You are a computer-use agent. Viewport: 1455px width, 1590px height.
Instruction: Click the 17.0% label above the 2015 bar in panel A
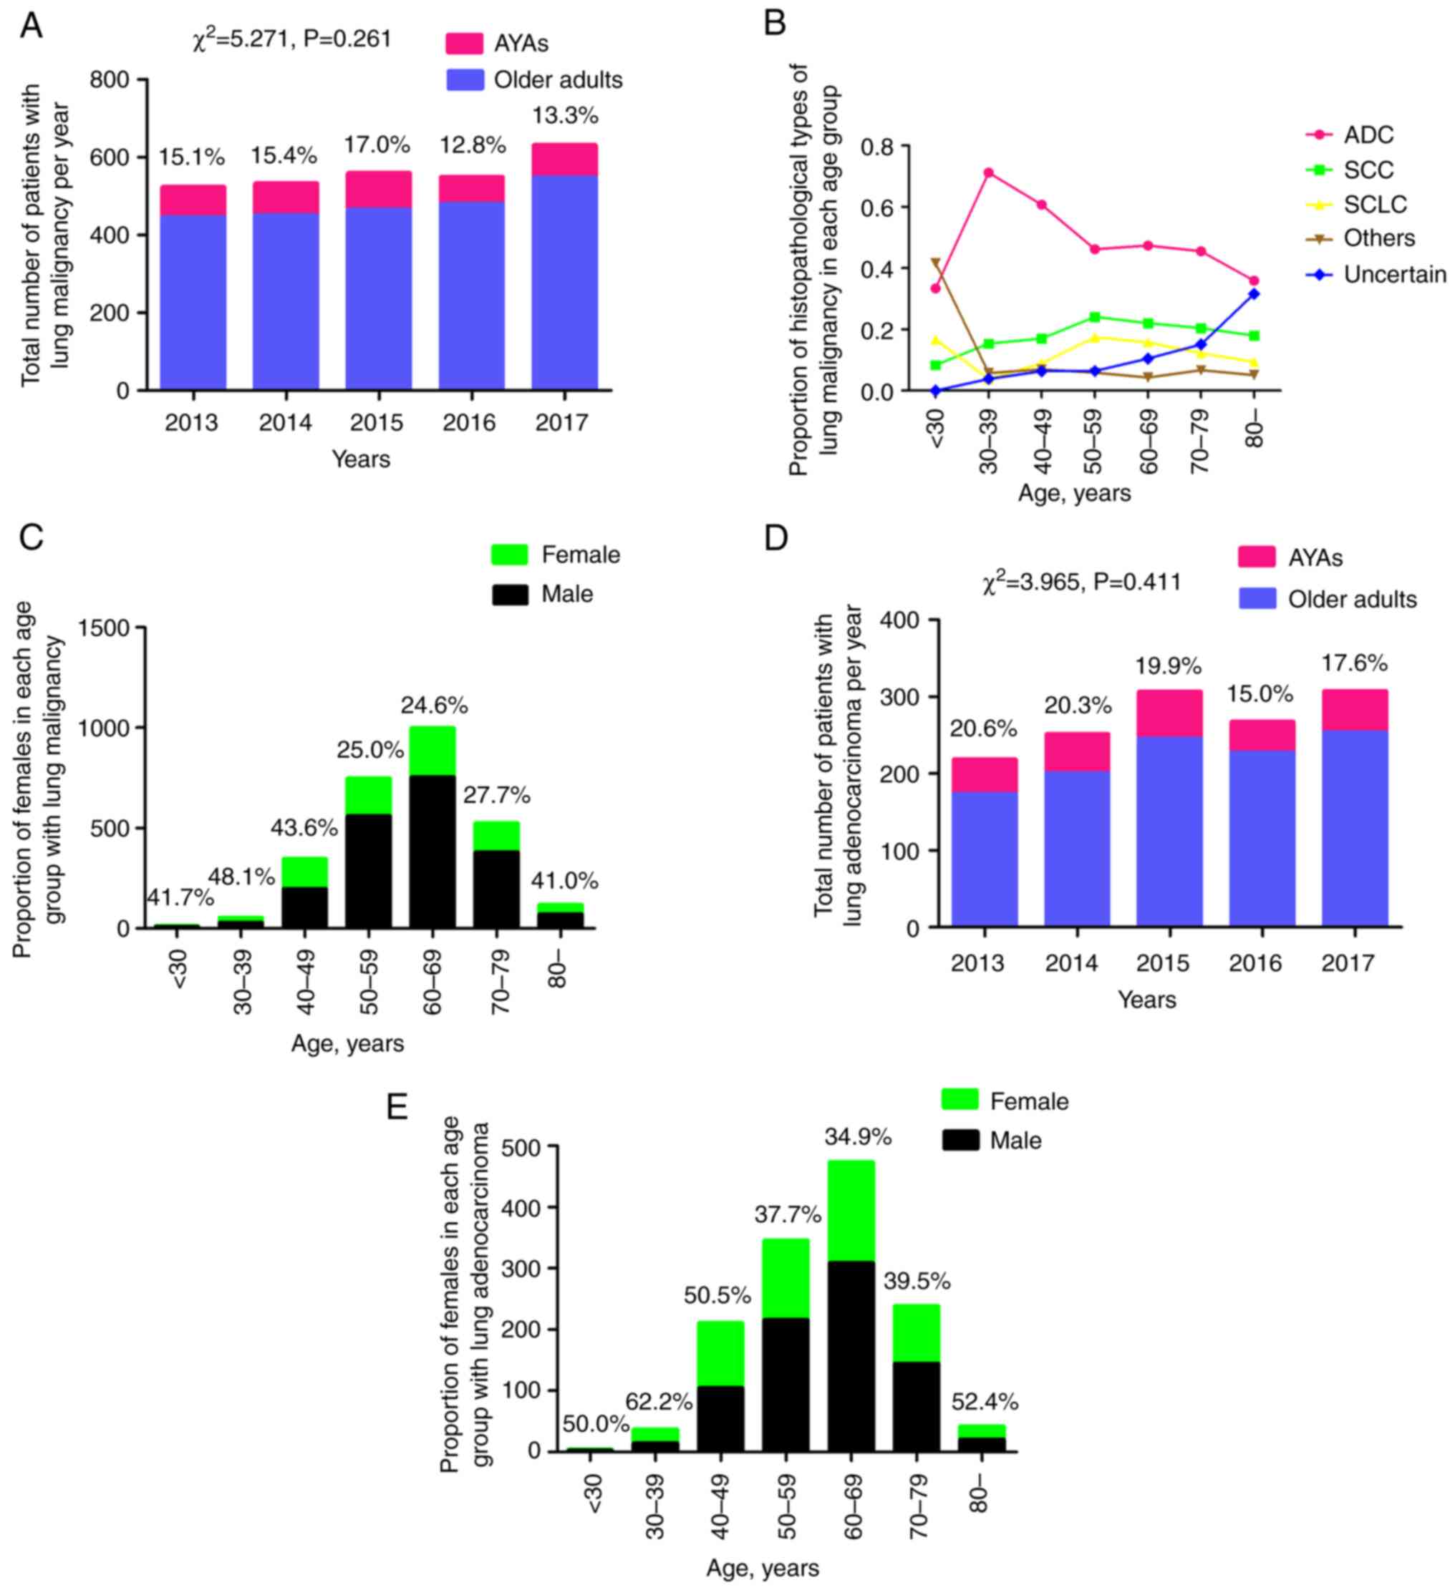tap(377, 145)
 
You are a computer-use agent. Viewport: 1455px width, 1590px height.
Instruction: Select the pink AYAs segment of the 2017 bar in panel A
tap(564, 160)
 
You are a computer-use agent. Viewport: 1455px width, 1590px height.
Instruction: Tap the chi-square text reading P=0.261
tap(347, 39)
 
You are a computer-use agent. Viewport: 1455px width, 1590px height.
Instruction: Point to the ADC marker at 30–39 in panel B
tap(988, 172)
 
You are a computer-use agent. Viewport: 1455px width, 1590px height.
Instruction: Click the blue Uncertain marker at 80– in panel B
tap(1254, 294)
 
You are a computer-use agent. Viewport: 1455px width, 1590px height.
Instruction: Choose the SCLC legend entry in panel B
tap(1375, 204)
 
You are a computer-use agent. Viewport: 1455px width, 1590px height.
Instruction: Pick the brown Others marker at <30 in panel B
tap(936, 263)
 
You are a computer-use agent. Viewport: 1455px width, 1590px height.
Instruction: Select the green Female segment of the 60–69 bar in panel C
tap(432, 750)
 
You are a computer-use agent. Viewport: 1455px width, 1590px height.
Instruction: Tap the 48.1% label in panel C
tap(241, 877)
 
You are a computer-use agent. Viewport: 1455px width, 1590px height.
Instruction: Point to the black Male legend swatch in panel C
tap(510, 594)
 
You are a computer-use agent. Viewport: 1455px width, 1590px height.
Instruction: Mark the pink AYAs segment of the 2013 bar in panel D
tap(984, 774)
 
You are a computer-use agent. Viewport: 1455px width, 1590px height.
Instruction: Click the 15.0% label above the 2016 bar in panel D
tap(1261, 695)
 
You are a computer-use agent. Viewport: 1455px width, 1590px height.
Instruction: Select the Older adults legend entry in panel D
tap(1352, 600)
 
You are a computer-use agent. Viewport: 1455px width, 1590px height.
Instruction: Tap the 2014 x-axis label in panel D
tap(1070, 963)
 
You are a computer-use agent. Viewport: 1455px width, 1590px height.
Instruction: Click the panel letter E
tap(397, 1107)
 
